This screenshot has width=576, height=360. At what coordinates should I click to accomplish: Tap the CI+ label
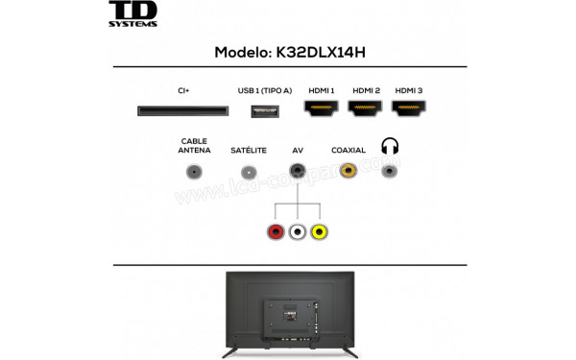182,90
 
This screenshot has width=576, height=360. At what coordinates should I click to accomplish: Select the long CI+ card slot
182,111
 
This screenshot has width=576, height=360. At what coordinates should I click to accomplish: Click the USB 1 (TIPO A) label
264,90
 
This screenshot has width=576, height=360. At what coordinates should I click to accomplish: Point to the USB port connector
264,110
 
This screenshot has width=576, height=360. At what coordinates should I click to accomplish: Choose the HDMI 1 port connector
321,110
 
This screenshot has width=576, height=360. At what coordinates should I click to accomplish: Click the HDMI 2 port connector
366,110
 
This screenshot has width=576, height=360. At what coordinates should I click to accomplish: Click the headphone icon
389,146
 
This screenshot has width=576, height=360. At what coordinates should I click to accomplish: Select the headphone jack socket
389,171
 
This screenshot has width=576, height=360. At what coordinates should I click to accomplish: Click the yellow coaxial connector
348,171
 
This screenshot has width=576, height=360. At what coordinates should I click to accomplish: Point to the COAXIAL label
348,151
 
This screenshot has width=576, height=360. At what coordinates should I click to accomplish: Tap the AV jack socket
298,171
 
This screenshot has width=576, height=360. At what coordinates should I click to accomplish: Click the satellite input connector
249,172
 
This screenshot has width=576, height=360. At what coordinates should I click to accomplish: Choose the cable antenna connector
195,172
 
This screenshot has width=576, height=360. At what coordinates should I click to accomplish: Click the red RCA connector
276,231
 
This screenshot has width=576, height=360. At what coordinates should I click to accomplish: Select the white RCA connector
298,231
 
